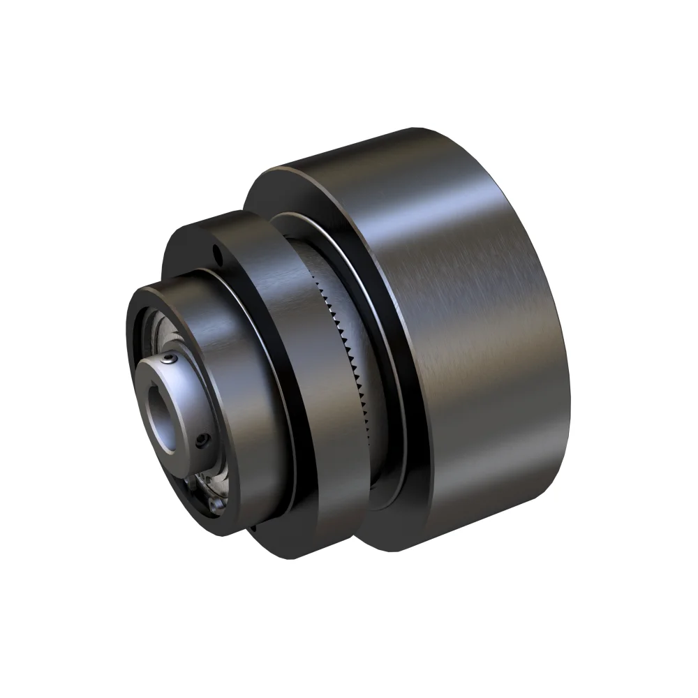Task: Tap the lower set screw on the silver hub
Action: pos(202,441)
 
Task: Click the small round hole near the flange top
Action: pos(218,248)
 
